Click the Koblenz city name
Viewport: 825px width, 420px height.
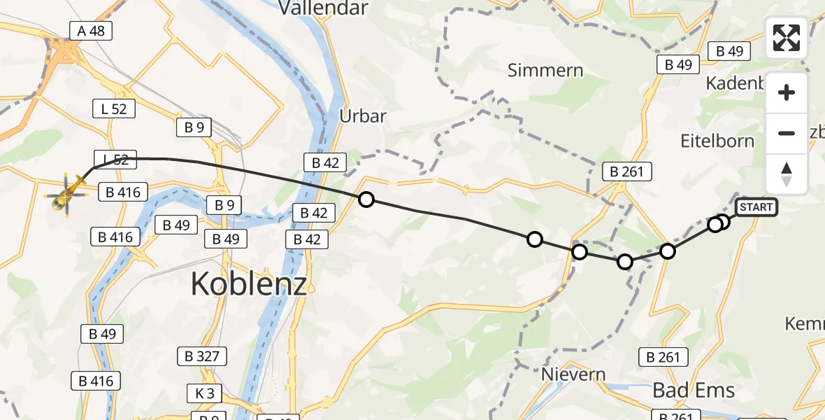248,284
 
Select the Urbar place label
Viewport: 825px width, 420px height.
362,116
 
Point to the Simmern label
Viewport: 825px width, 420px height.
545,70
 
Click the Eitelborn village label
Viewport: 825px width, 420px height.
717,141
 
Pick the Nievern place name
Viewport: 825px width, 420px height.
573,374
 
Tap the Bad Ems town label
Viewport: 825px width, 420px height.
694,391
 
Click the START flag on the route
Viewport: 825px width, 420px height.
756,207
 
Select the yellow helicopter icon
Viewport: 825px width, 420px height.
67,194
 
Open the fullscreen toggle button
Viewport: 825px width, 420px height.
787,38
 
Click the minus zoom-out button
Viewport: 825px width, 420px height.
787,133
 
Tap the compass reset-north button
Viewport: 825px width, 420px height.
787,174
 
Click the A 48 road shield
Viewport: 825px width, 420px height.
91,30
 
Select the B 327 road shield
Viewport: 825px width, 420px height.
202,356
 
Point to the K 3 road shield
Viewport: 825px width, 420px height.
204,393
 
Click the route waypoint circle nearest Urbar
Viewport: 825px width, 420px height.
366,199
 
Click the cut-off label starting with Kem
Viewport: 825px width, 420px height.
804,324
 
